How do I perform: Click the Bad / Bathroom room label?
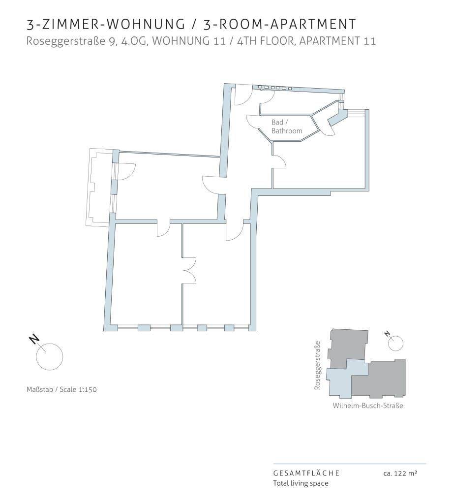[287, 126]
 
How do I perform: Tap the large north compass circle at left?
[50, 344]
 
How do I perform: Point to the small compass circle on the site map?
[395, 336]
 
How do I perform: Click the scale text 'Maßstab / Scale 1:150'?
[61, 390]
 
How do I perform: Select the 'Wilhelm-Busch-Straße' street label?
[368, 406]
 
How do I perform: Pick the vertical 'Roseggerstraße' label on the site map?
[317, 366]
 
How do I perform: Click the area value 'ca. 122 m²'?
[400, 473]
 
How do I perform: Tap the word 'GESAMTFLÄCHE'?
[306, 473]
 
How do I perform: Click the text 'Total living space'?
[301, 483]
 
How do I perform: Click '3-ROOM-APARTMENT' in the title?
[280, 25]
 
